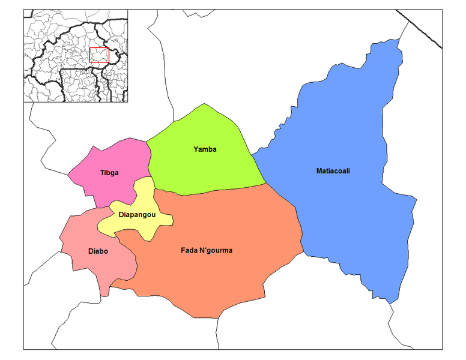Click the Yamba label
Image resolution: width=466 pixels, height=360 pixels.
click(x=205, y=149)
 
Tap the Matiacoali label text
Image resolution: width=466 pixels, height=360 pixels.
click(x=333, y=171)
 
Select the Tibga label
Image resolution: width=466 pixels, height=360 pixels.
click(x=109, y=173)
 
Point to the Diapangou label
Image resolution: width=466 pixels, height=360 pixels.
click(x=138, y=214)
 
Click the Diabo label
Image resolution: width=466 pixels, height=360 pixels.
click(x=98, y=251)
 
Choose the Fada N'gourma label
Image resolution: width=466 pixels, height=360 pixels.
click(x=207, y=250)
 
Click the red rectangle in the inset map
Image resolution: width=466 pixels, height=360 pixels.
click(x=98, y=55)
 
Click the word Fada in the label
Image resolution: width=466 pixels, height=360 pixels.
click(x=190, y=250)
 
